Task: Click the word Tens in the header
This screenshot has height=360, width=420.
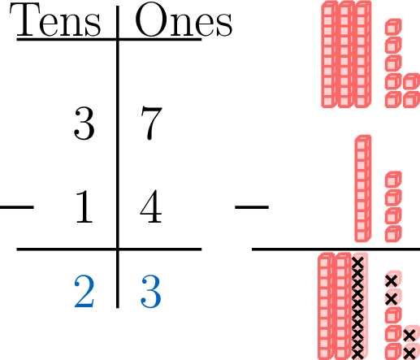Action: [55, 20]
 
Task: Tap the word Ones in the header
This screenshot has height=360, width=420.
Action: [184, 20]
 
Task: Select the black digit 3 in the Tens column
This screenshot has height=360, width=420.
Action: [84, 124]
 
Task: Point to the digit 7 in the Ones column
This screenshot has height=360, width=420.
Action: [151, 124]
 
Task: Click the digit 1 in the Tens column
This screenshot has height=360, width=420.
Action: [84, 206]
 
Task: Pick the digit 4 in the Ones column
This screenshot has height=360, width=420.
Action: [151, 206]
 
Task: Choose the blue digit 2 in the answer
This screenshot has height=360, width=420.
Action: [84, 291]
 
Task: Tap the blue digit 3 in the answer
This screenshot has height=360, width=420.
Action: [151, 292]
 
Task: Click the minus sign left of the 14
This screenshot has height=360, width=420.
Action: [17, 207]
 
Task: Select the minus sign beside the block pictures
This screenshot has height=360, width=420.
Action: [252, 207]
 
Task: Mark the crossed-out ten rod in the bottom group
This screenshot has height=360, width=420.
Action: [359, 306]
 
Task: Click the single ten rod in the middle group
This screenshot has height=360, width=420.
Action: [363, 189]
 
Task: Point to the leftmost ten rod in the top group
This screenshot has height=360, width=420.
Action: [330, 54]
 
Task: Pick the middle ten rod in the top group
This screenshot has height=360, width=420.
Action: [346, 54]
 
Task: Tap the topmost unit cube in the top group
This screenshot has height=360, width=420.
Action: [393, 27]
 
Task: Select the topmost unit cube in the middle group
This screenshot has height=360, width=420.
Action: [393, 179]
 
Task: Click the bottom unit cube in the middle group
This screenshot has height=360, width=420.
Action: [393, 233]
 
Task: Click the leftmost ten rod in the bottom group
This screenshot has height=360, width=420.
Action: [326, 306]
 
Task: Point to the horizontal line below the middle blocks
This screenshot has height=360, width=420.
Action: [336, 249]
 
